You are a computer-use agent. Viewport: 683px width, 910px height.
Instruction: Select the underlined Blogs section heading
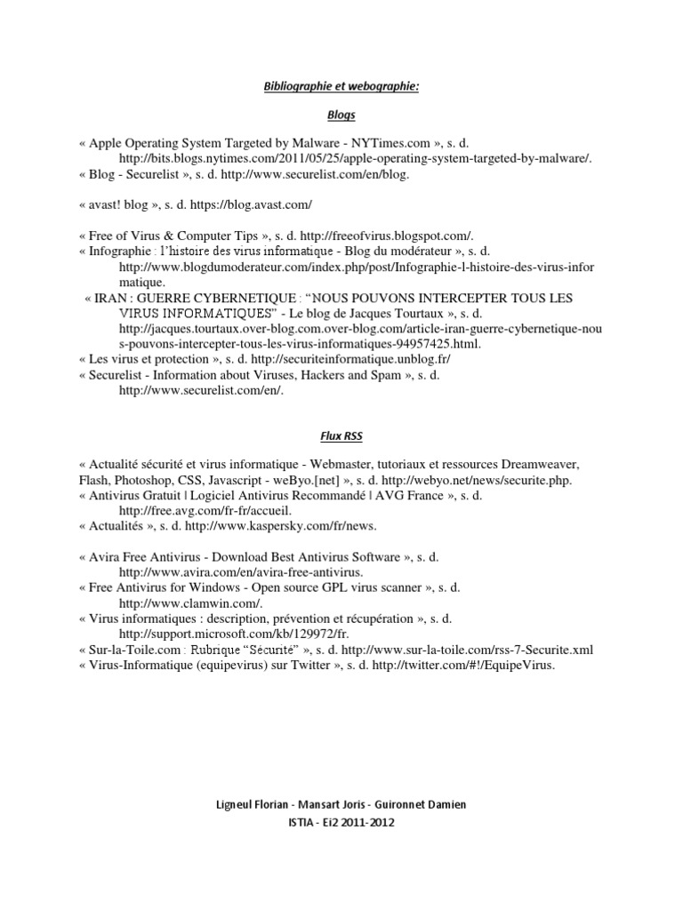[341, 115]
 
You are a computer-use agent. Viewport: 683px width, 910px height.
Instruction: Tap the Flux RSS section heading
[341, 437]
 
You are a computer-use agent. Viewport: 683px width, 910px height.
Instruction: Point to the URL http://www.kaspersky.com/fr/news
[279, 526]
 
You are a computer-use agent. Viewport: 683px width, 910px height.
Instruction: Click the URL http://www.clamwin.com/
[181, 603]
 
